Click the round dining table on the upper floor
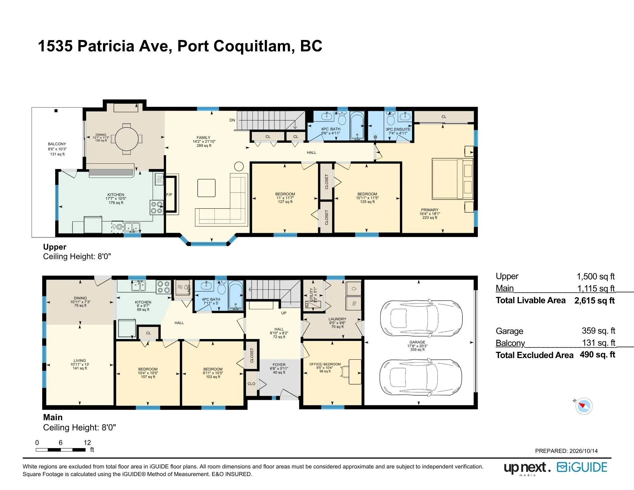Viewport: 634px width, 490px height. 126,139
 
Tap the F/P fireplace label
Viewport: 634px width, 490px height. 169,195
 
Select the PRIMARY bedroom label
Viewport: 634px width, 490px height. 430,210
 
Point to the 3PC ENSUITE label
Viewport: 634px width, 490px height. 398,129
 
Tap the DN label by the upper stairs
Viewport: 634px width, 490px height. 232,120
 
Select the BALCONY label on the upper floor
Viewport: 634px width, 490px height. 57,144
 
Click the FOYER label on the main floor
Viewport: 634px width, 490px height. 279,365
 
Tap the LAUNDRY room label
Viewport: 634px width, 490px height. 337,319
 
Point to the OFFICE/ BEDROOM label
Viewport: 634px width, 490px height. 325,364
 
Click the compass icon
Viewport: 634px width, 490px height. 584,406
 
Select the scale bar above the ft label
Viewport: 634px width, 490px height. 61,450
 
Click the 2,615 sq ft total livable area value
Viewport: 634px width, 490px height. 594,301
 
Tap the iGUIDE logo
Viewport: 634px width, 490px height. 582,468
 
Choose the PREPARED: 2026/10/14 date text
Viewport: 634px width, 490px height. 566,451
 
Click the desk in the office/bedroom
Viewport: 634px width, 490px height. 355,372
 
